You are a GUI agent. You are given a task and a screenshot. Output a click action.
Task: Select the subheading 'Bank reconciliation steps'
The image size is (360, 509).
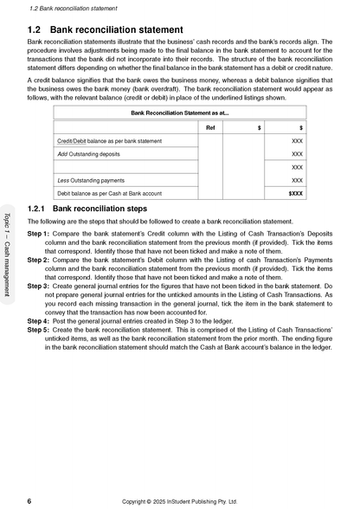tap(100, 209)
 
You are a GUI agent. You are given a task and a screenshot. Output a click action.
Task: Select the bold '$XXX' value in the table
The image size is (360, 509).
tap(295, 193)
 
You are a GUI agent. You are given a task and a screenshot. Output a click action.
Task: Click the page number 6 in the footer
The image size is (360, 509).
tap(30, 500)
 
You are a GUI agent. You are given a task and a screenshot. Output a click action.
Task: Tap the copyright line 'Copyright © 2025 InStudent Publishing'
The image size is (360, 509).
tap(178, 500)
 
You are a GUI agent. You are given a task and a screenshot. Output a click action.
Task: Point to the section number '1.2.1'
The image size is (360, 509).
tap(38, 209)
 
